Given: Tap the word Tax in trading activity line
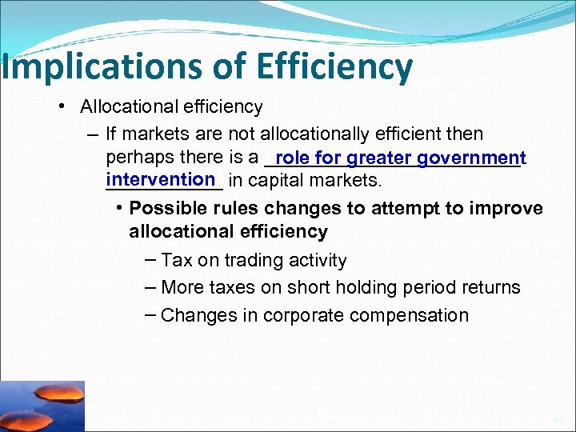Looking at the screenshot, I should pos(175,260).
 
